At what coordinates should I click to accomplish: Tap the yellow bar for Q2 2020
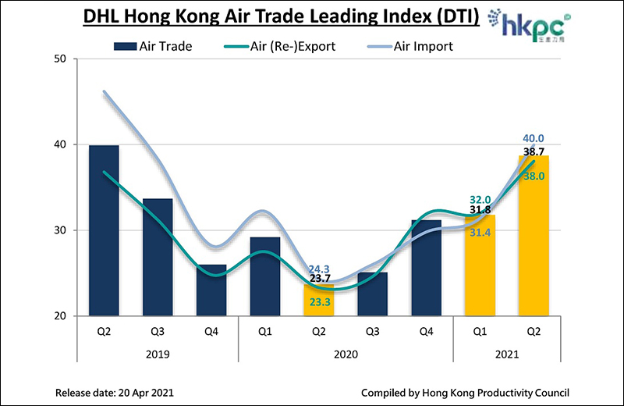tap(318, 301)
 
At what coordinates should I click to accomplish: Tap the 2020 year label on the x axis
tap(345, 354)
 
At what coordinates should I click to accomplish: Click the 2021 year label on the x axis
tap(506, 354)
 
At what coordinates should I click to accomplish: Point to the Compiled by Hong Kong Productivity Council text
tap(465, 392)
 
